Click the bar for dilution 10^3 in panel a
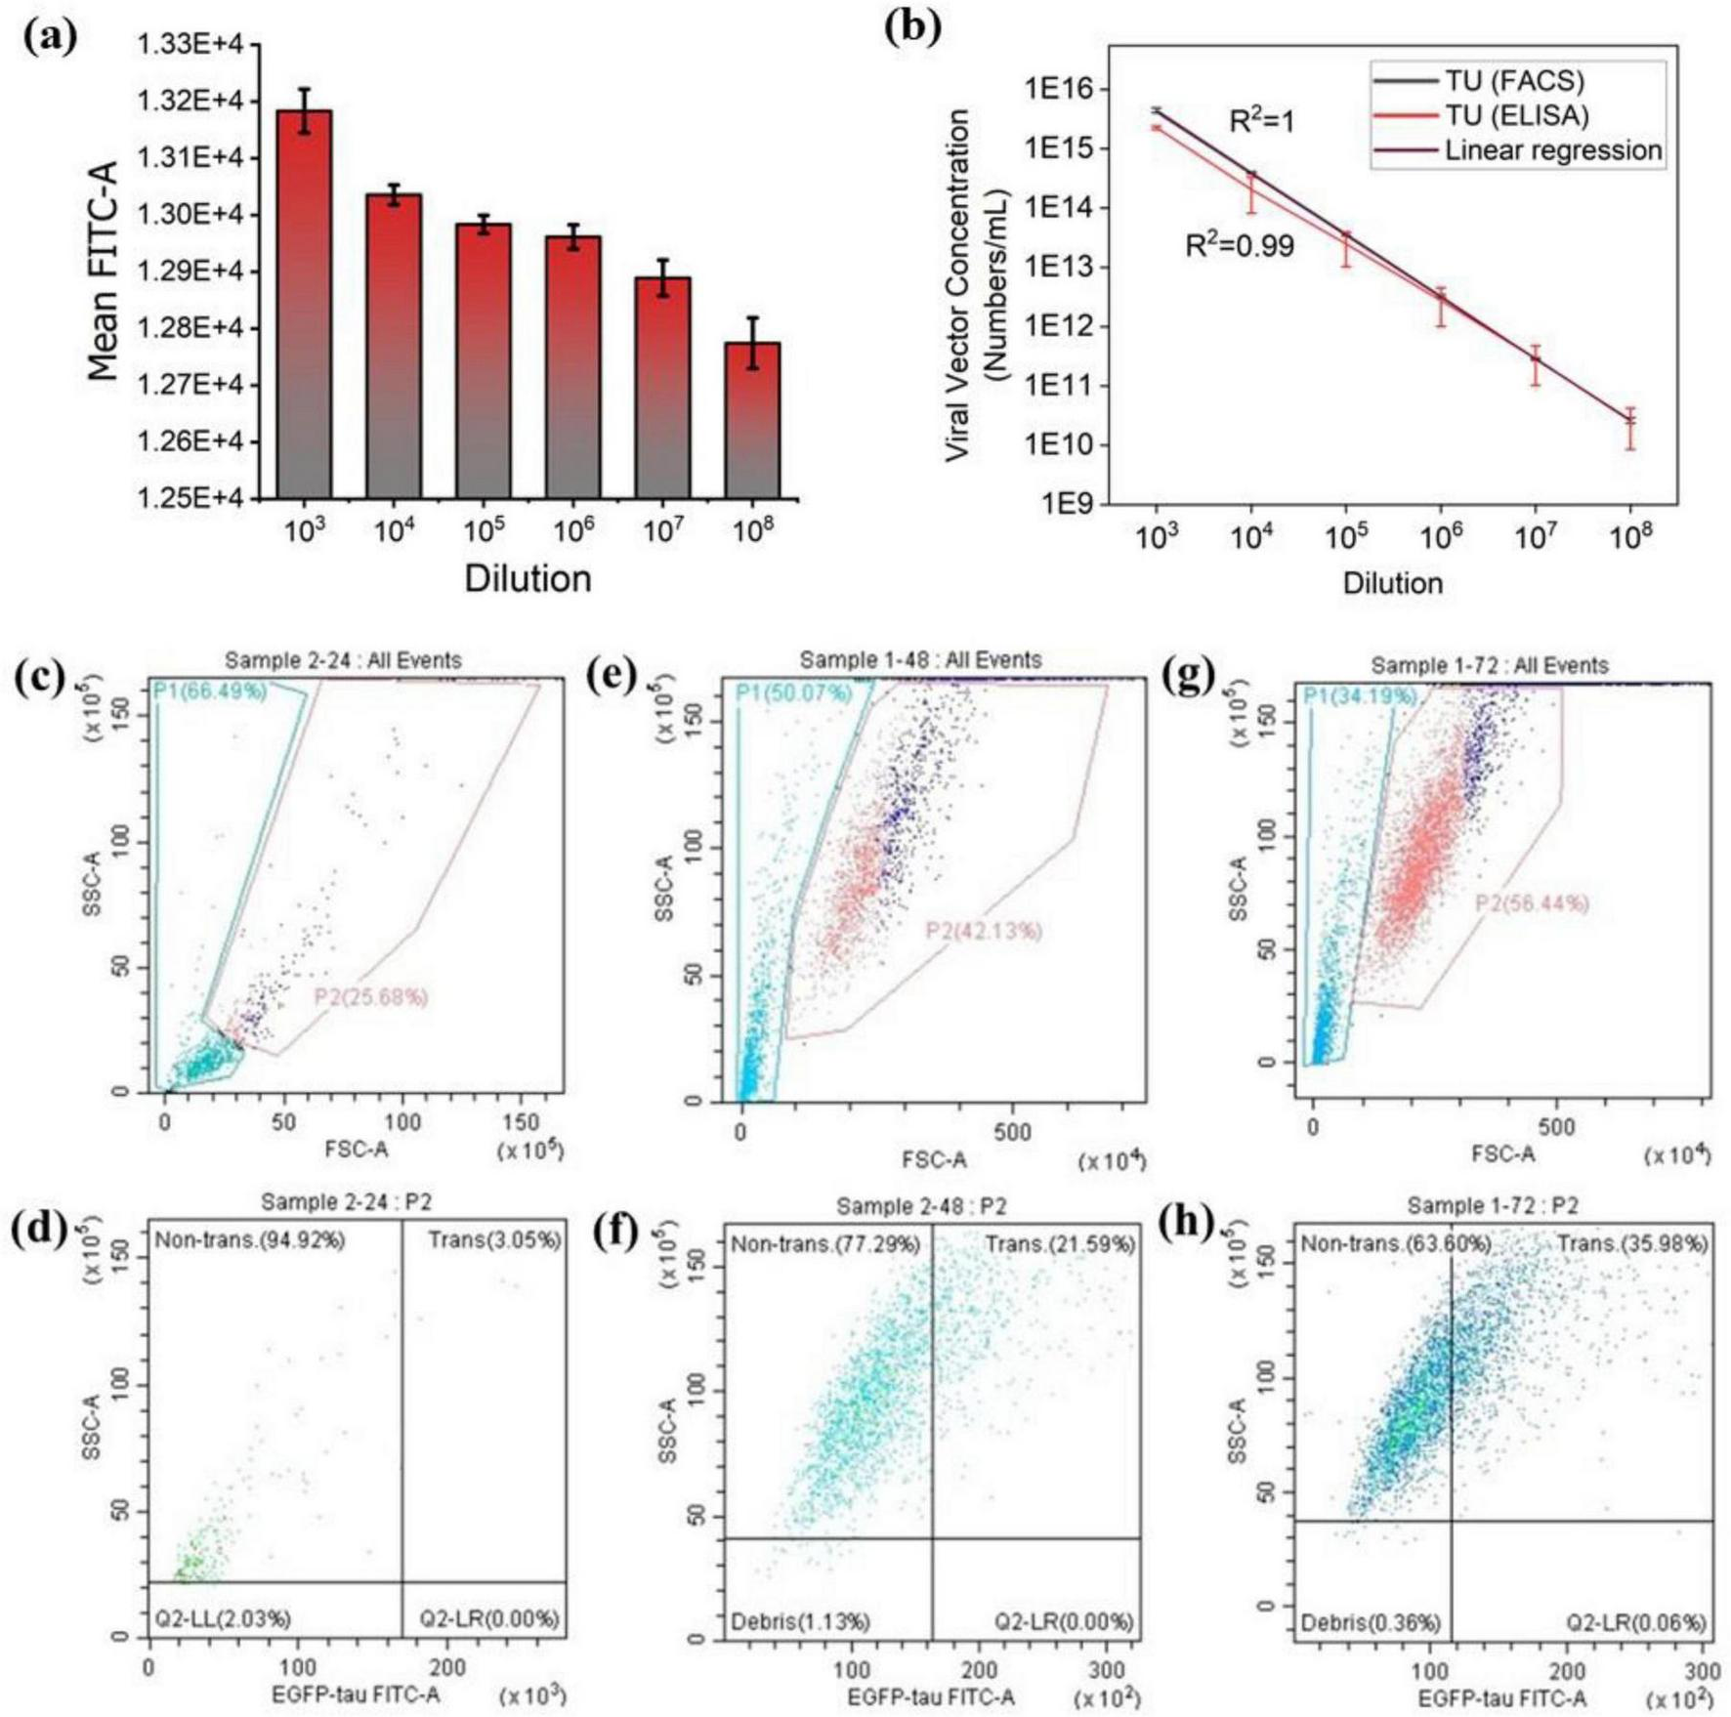click(304, 303)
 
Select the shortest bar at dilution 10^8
click(752, 420)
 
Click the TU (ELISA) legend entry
click(1516, 115)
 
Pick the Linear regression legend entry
click(1553, 150)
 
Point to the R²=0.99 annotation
click(1239, 245)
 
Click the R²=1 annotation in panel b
click(1261, 121)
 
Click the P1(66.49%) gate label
click(209, 692)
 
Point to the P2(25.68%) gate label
click(370, 997)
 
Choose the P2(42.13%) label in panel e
click(983, 931)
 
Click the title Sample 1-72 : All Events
click(1489, 666)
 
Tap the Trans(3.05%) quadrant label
click(494, 1240)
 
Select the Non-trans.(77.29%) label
click(825, 1244)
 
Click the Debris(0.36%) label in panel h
click(1370, 1623)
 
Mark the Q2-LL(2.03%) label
click(223, 1618)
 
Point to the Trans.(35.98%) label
click(1631, 1244)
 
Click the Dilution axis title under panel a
click(528, 578)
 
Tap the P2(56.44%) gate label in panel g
click(1531, 903)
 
